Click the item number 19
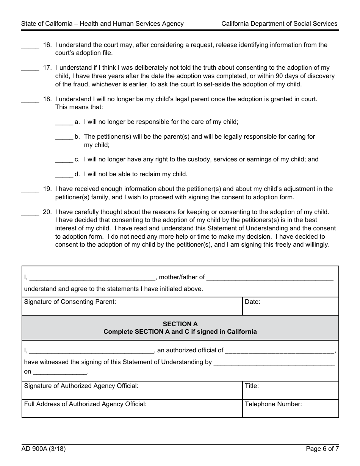(x=47, y=189)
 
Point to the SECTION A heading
(x=180, y=324)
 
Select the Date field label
(x=252, y=302)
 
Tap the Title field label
(x=252, y=386)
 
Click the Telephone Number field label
(x=273, y=404)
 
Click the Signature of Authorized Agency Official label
(x=81, y=386)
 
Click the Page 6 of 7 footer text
(x=322, y=449)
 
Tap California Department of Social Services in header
(x=279, y=23)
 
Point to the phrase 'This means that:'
(x=79, y=107)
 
